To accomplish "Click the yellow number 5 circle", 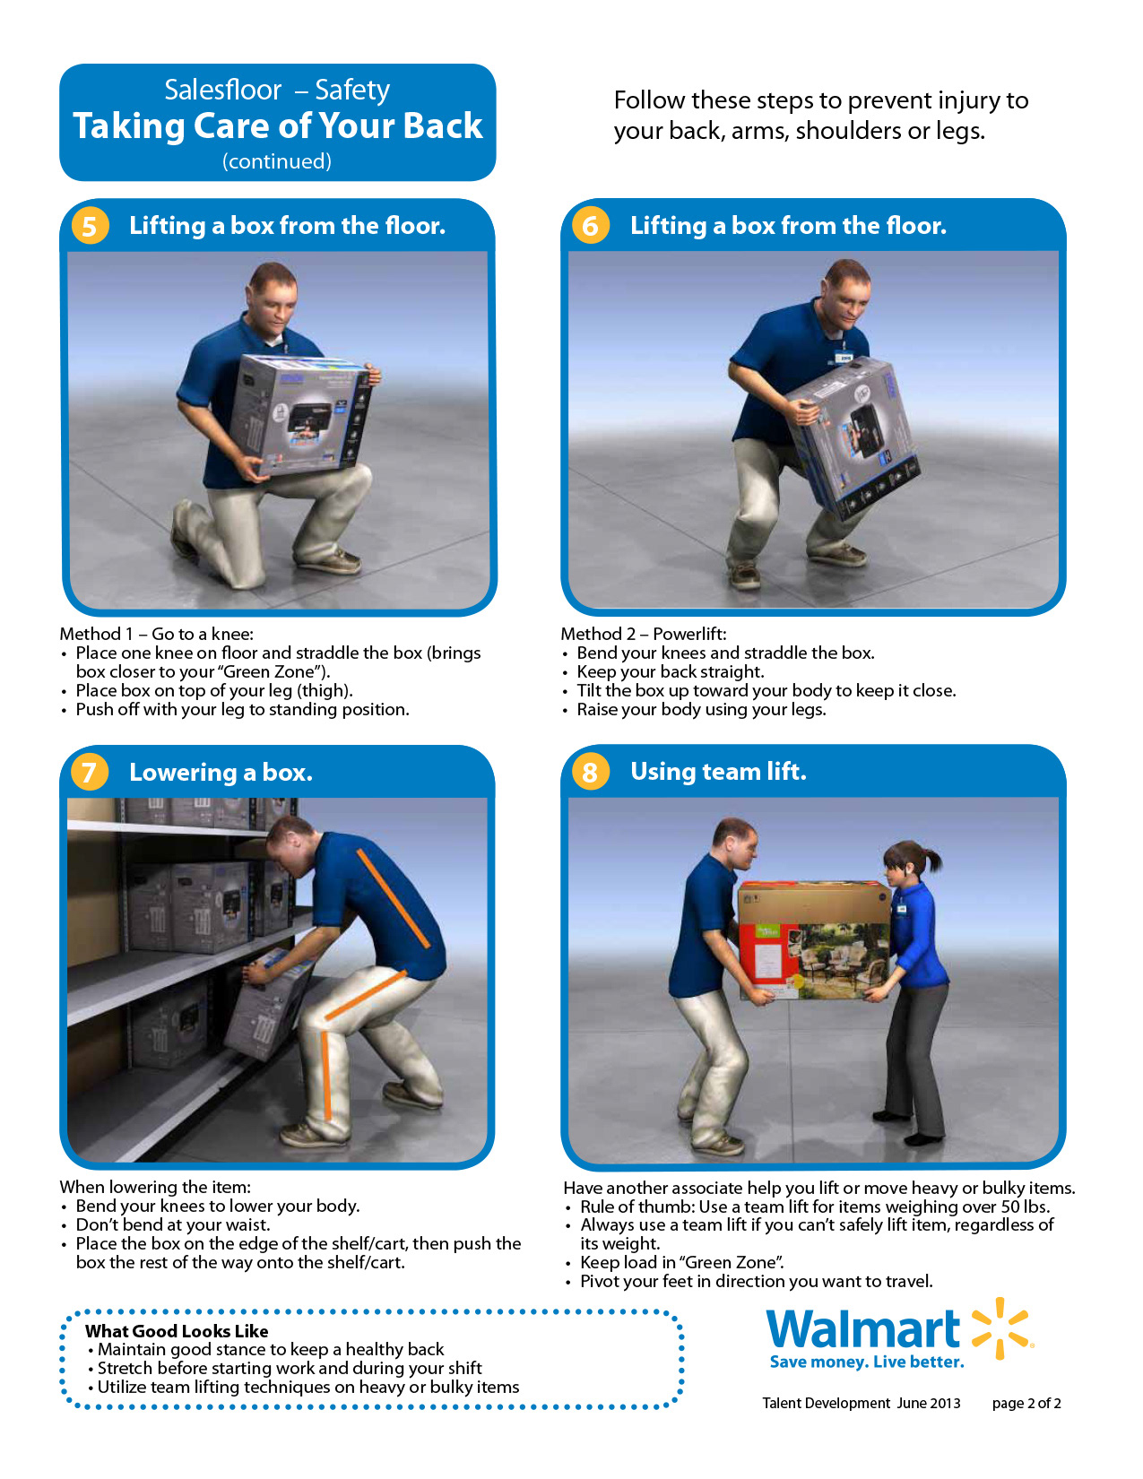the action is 90,226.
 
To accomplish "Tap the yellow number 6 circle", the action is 590,225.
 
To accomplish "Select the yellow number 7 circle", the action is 90,772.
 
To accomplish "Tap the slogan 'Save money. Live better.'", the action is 867,1362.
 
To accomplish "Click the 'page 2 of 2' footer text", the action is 1026,1403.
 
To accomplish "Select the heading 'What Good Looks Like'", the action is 177,1330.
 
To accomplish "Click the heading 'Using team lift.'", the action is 718,771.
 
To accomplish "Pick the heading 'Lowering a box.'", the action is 221,772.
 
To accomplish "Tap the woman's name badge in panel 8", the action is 901,909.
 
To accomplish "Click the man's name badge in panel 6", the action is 844,357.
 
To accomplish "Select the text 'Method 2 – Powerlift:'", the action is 644,634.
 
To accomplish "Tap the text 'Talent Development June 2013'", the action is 862,1403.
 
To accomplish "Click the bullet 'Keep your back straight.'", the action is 670,671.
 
